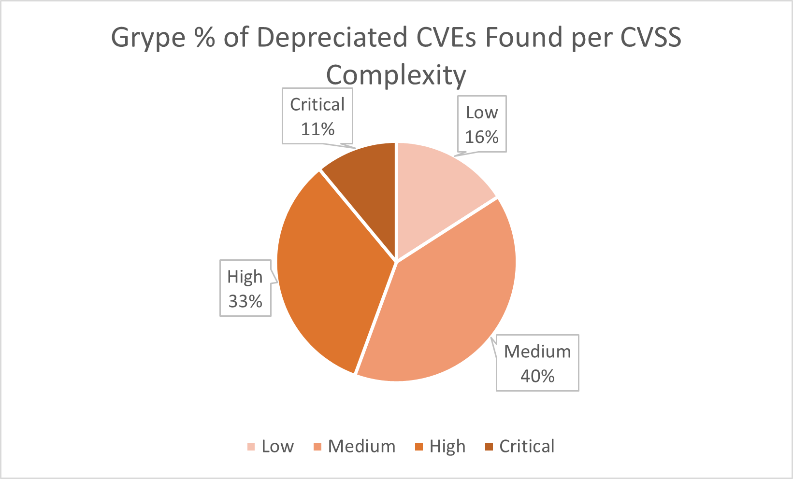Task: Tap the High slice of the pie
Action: (329, 270)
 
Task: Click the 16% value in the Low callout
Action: (481, 137)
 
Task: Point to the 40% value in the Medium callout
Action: (537, 376)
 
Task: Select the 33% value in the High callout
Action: (245, 302)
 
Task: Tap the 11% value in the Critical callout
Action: (317, 129)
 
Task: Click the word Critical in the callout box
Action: (317, 105)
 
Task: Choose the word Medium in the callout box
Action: (537, 352)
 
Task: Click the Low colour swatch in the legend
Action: (251, 447)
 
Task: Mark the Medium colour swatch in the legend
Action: (317, 447)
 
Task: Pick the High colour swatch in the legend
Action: (419, 447)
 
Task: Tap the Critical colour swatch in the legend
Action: (489, 447)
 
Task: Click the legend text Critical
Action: (527, 447)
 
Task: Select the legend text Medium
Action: (361, 447)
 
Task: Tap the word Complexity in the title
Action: (396, 76)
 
